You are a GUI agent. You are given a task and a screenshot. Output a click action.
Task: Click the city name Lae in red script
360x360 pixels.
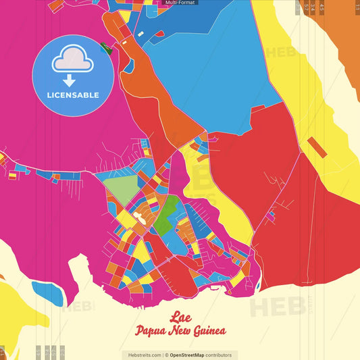[180, 317]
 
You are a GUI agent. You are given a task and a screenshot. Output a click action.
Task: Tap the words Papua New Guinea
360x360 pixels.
[180, 332]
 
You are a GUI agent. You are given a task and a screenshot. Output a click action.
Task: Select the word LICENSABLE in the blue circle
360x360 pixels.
[73, 95]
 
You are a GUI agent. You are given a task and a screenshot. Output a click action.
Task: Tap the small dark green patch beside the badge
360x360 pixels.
[105, 47]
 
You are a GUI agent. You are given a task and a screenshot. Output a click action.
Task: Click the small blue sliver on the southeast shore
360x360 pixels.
[258, 286]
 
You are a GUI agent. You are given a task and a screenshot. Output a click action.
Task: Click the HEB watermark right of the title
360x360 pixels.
[277, 306]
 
